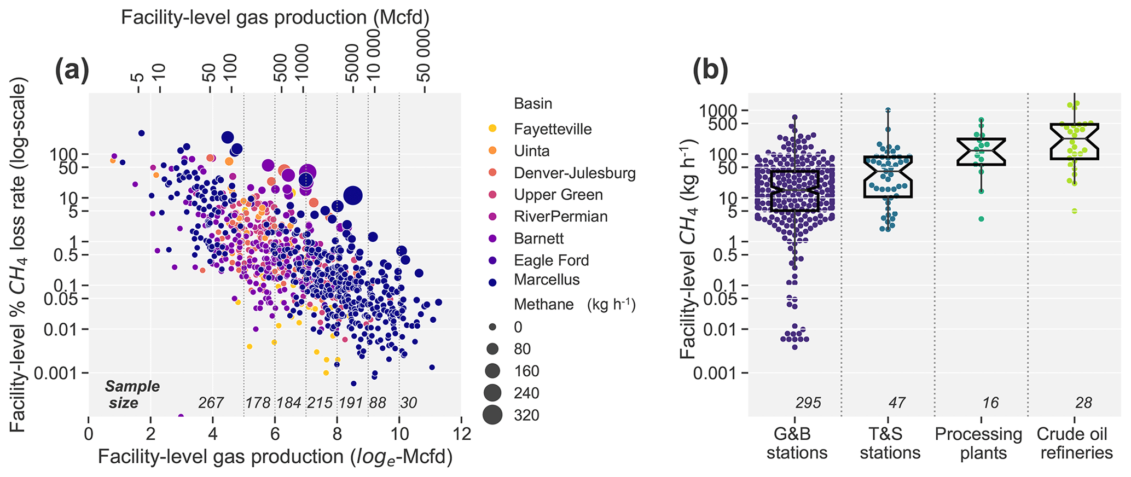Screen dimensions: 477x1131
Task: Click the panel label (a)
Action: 72,71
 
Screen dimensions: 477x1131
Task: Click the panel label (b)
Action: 710,71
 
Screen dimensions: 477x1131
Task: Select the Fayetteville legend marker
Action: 492,129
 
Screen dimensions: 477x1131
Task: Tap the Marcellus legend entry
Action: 546,280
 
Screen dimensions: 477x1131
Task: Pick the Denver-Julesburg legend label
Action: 575,173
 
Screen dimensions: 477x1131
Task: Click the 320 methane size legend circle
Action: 492,415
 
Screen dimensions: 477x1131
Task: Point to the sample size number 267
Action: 211,403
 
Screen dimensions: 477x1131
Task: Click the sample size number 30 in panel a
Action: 409,403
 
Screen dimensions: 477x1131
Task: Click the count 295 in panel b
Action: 808,403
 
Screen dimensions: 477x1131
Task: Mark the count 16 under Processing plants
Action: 990,403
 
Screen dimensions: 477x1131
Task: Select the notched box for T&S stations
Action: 888,176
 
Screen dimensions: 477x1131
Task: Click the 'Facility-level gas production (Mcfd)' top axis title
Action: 275,18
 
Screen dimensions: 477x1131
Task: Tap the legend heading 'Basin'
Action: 533,103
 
